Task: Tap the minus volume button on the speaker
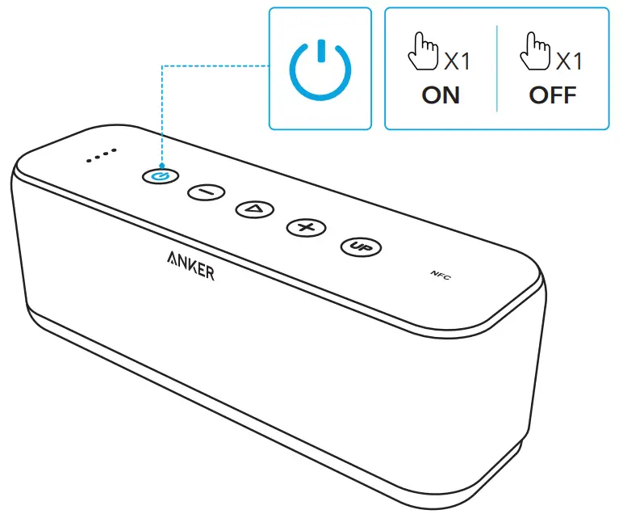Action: tap(206, 192)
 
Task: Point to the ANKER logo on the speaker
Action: tap(190, 266)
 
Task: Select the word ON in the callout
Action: tap(441, 95)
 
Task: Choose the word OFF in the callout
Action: tap(553, 95)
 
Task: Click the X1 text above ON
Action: tap(458, 61)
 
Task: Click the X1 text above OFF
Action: tap(570, 61)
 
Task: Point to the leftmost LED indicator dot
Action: tap(90, 159)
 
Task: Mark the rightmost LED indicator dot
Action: tap(114, 151)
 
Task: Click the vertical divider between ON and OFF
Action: tap(497, 69)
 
